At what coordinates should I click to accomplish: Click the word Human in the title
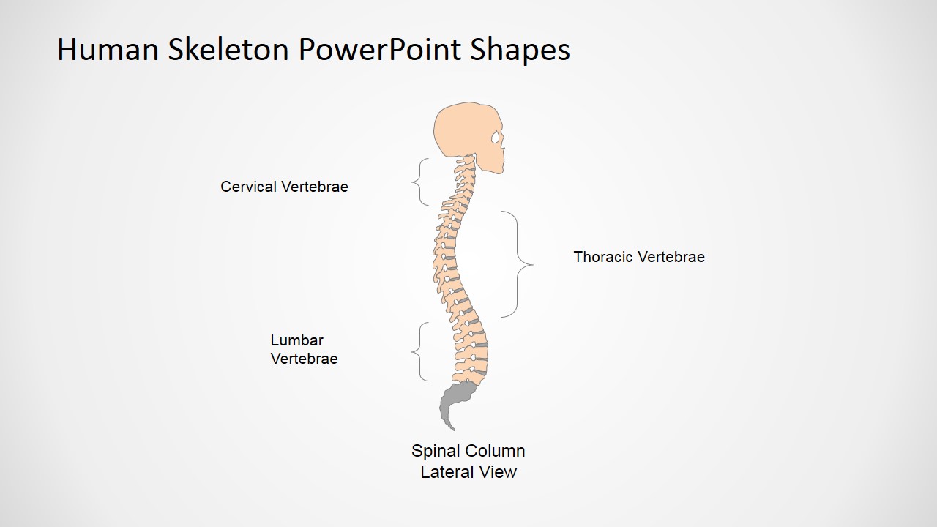click(108, 49)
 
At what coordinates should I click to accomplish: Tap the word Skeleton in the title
click(228, 49)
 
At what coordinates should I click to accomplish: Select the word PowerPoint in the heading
click(379, 49)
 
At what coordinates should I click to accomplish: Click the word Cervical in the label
click(248, 187)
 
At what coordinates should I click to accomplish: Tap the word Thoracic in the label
click(602, 257)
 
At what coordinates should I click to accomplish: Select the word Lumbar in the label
click(297, 340)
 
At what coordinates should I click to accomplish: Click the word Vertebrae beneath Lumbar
click(304, 359)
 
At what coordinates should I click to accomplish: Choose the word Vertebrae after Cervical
click(315, 187)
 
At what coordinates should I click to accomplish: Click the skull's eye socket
click(496, 137)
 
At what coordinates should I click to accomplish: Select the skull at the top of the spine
click(464, 130)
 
